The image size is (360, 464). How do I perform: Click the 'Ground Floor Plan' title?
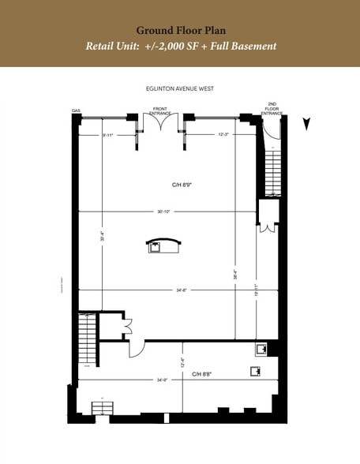coord(180,30)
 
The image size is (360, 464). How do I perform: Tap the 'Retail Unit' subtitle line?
coord(180,46)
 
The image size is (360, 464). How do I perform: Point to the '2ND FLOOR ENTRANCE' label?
coord(272,109)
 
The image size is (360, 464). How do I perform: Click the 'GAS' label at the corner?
coord(77,111)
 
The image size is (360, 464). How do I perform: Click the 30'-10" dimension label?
coord(164,211)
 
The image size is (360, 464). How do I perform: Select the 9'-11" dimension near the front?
coord(108,135)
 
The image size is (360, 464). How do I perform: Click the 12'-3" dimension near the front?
coord(223,135)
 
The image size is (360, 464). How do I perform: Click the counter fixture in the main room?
coord(163,245)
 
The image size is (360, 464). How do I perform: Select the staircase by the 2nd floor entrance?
coord(274,170)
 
